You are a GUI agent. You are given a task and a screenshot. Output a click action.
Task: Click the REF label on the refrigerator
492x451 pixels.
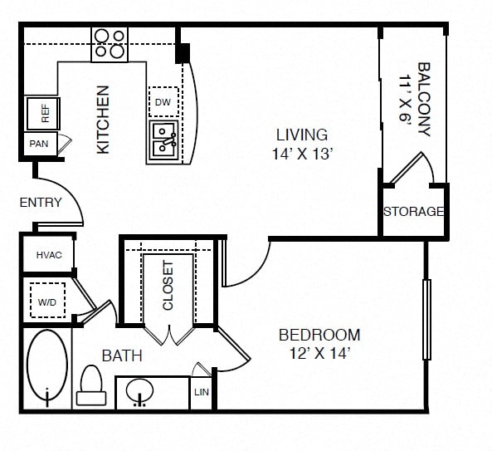46,114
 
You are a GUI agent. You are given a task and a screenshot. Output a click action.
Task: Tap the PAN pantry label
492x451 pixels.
39,144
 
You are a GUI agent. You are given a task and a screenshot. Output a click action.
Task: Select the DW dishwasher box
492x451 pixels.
163,102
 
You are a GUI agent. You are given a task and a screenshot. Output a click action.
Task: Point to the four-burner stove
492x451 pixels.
110,44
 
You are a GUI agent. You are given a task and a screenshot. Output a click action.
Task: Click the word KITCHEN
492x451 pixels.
103,120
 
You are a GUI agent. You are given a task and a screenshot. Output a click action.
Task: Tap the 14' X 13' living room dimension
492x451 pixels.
302,154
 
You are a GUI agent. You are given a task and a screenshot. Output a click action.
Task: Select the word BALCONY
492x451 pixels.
424,99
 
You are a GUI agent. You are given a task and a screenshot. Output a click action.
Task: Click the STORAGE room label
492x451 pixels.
414,211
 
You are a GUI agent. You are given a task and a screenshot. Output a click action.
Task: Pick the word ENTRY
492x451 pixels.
41,203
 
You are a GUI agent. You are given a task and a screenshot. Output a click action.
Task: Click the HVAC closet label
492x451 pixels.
49,255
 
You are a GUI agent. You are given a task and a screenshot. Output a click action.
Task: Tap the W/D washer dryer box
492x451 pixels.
47,300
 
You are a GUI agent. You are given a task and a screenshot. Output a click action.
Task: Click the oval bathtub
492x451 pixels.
47,366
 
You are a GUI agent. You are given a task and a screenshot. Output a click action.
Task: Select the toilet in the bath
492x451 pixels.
91,385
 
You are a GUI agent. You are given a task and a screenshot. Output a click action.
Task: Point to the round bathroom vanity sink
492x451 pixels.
140,391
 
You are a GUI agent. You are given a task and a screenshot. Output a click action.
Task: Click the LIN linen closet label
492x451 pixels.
202,392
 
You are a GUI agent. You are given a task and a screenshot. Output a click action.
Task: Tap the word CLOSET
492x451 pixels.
168,286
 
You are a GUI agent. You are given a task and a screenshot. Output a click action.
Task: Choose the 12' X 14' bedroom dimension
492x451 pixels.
319,354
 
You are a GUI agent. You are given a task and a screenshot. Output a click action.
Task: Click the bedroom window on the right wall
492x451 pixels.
426,320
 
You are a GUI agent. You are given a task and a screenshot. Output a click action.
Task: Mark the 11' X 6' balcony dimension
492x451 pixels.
405,98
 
